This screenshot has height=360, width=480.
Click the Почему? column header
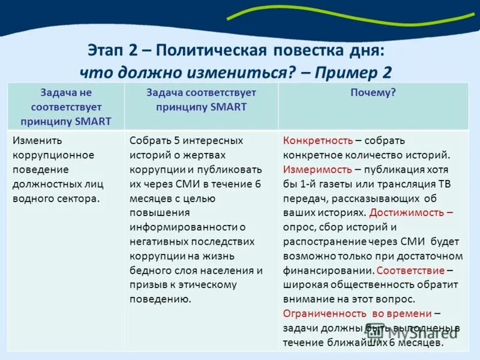click(373, 92)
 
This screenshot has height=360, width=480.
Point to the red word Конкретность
click(318, 140)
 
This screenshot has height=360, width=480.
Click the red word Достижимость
click(408, 212)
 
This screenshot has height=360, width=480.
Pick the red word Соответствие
click(411, 270)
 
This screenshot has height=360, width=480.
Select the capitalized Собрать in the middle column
click(150, 140)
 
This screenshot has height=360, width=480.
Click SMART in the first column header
click(94, 121)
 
